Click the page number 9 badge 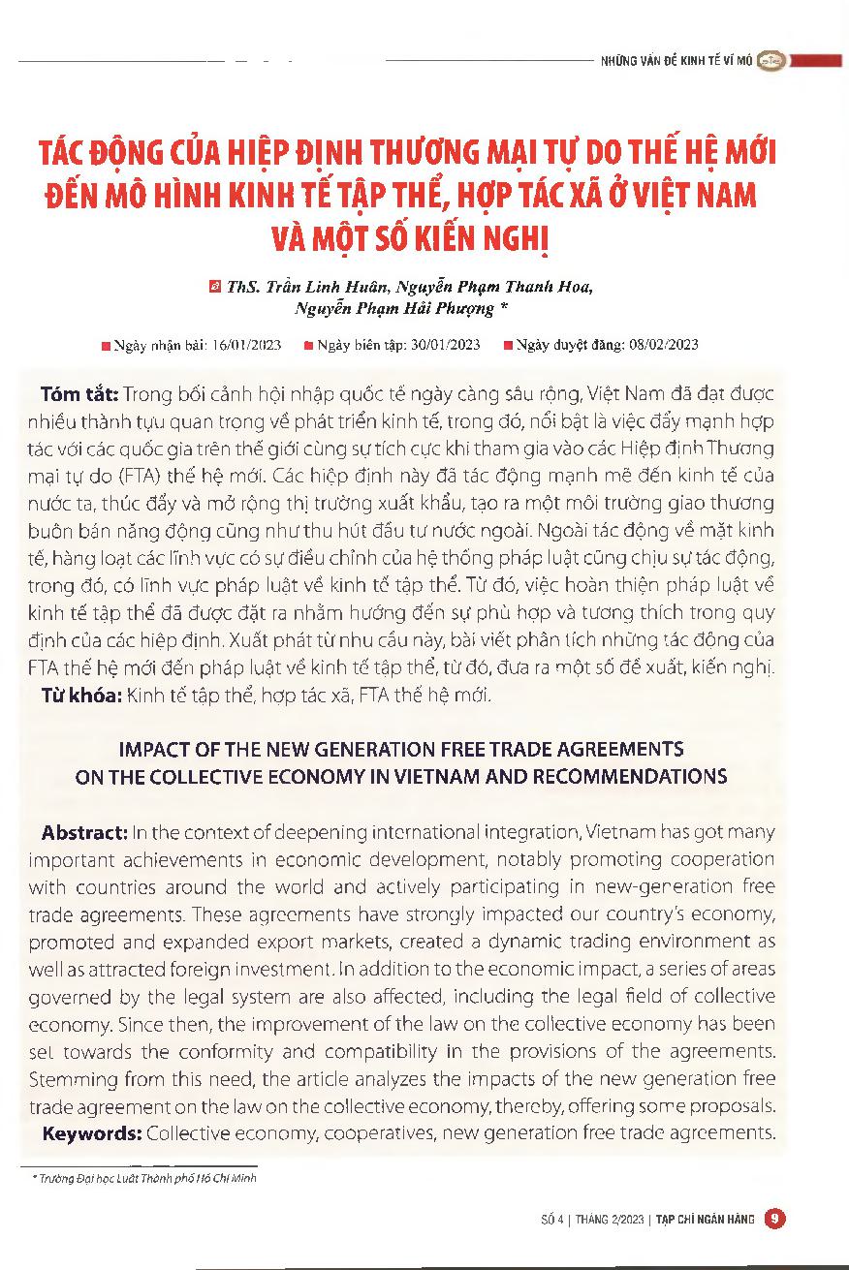point(773,1219)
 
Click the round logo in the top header point(770,60)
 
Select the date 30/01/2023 point(443,344)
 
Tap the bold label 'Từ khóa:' point(80,695)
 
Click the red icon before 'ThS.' point(215,287)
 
